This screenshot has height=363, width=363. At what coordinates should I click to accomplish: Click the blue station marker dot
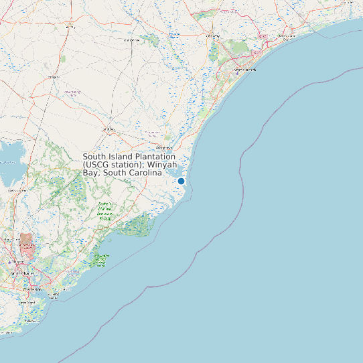click(x=181, y=181)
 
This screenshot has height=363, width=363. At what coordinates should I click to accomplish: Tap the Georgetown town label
click(x=163, y=147)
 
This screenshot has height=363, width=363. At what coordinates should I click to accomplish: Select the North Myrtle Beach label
click(x=286, y=37)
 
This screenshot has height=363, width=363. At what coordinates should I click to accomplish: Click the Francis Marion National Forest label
click(x=104, y=210)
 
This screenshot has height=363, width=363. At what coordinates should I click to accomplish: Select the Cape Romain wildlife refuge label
click(x=102, y=260)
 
